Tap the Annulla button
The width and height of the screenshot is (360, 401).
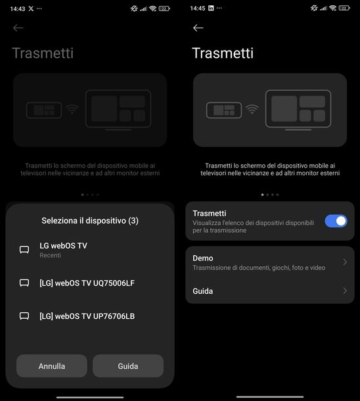point(51,366)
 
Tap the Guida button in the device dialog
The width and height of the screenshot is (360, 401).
point(127,366)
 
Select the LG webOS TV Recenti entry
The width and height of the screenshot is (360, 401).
point(63,249)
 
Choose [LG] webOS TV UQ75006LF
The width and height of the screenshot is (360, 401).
point(87,283)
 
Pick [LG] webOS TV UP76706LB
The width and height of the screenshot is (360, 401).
point(87,316)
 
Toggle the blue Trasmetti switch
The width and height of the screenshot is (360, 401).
point(336,221)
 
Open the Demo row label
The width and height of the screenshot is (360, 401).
point(203,258)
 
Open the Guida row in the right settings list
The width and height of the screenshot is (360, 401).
point(203,291)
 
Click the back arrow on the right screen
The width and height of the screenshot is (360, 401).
point(198,28)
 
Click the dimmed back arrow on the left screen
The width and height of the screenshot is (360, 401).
point(18,28)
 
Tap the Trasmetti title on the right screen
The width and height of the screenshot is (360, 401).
point(223,53)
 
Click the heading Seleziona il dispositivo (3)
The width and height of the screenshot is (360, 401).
point(90,220)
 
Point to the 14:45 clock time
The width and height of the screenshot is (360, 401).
point(198,8)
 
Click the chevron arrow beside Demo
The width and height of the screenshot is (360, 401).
point(345,262)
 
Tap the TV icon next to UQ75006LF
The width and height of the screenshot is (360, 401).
point(24,283)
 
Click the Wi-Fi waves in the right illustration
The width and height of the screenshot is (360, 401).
point(252,110)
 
